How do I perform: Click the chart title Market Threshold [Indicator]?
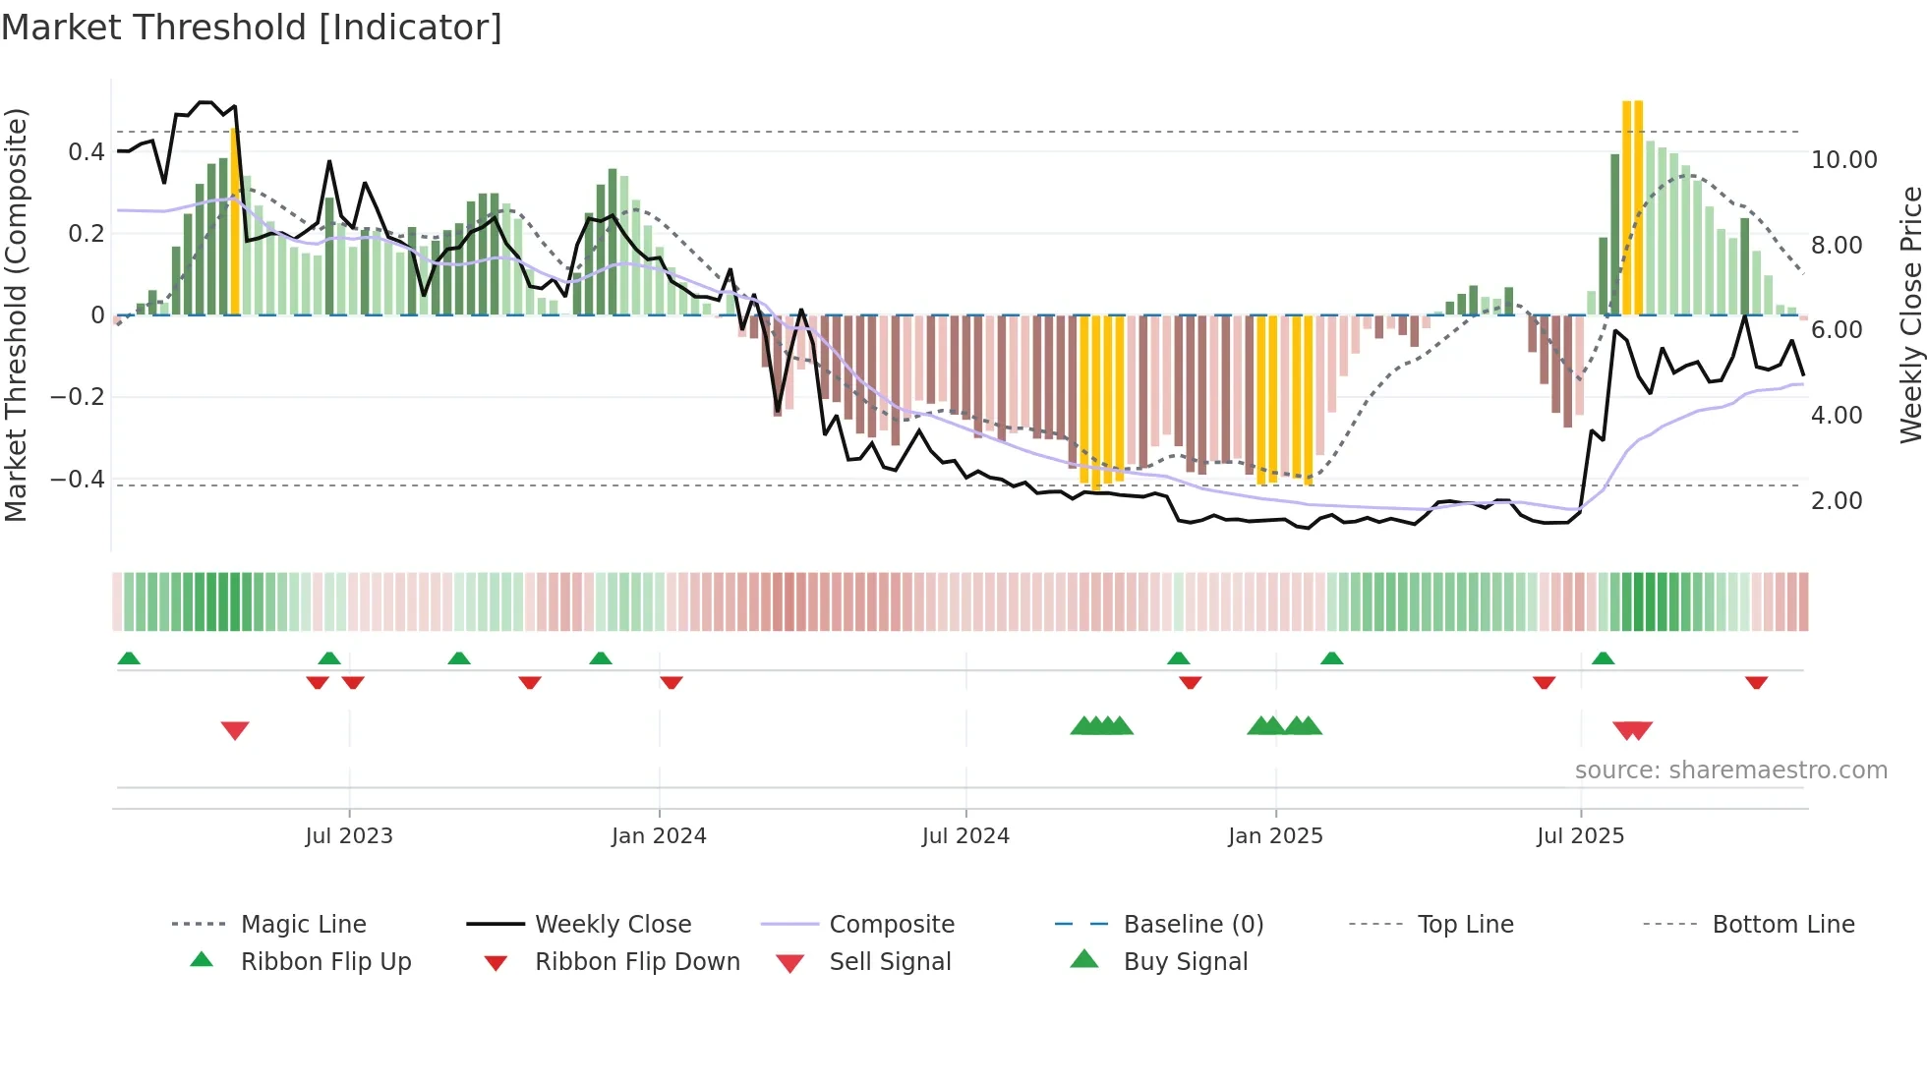click(252, 28)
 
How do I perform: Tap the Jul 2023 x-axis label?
click(348, 836)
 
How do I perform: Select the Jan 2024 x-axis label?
click(659, 836)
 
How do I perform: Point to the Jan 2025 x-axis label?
click(1275, 836)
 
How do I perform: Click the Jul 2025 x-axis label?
click(1580, 836)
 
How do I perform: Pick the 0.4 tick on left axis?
click(86, 152)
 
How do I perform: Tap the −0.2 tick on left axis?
click(78, 397)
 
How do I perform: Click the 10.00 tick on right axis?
click(1843, 160)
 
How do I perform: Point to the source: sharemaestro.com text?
click(1730, 770)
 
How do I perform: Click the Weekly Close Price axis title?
click(1910, 314)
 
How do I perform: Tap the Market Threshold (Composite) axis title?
click(16, 314)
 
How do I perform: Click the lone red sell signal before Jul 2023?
click(235, 730)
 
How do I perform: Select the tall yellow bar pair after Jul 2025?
click(1632, 206)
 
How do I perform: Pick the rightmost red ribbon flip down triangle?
click(1756, 683)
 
